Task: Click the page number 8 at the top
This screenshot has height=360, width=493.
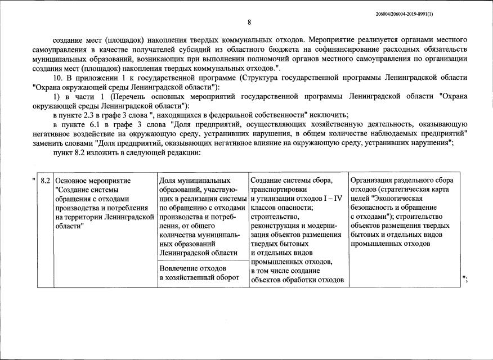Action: pos(249,22)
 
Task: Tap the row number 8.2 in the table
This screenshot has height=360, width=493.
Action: pos(46,181)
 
